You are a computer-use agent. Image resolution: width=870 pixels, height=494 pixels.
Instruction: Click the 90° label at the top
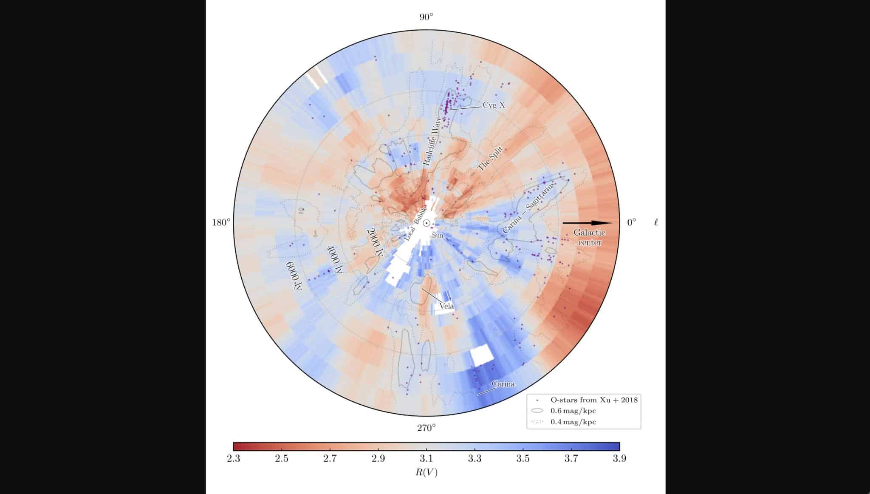tap(426, 17)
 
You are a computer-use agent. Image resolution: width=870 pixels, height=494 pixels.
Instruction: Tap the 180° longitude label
tap(221, 222)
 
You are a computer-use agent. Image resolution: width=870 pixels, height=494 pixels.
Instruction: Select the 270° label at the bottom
tap(426, 428)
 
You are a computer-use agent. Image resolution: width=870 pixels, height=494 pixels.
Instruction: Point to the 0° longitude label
tap(631, 222)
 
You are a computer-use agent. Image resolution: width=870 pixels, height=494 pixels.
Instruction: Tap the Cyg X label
tap(494, 105)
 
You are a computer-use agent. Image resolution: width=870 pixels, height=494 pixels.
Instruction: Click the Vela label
tap(447, 306)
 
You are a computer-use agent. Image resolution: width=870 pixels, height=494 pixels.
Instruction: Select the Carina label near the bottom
tap(503, 384)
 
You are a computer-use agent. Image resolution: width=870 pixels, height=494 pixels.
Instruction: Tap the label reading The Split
tap(491, 159)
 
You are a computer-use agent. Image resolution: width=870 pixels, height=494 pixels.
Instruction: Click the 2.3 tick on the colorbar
tap(233, 459)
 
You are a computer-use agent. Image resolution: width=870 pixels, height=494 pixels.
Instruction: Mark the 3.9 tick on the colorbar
tap(619, 459)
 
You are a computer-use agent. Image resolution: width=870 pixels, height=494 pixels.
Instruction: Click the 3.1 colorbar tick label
tap(426, 459)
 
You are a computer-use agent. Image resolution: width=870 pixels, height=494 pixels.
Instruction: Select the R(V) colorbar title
tap(426, 472)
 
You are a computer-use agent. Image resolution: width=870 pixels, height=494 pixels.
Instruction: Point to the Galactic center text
tap(589, 238)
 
